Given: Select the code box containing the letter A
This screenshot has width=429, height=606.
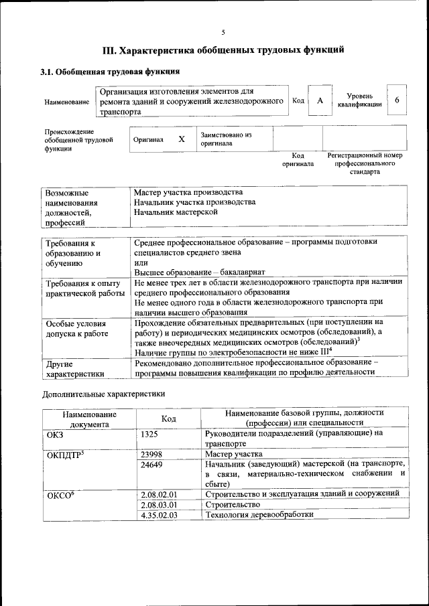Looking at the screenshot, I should pyautogui.click(x=320, y=100).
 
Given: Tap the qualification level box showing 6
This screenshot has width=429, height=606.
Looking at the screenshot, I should pyautogui.click(x=397, y=100).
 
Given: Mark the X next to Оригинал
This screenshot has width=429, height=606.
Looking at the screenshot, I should pyautogui.click(x=181, y=140).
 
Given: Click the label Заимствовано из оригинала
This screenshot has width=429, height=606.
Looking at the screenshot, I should pyautogui.click(x=225, y=139).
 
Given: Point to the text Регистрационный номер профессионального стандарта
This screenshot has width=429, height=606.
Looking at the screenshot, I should pyautogui.click(x=365, y=163).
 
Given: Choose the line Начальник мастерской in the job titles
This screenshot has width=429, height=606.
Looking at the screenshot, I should pyautogui.click(x=176, y=212).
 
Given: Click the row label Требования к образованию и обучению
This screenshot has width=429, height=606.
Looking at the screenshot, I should pyautogui.click(x=74, y=254).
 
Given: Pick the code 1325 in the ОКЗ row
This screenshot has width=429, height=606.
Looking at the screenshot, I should pyautogui.click(x=150, y=434).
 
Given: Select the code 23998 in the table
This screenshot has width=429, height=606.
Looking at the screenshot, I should pyautogui.click(x=152, y=454).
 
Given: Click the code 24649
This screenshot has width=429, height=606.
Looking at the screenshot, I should pyautogui.click(x=152, y=464).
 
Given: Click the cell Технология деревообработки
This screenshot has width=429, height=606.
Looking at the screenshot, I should pyautogui.click(x=259, y=514).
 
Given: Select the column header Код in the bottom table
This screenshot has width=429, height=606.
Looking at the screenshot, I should pyautogui.click(x=169, y=419).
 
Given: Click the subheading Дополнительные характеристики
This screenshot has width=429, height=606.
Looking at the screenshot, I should pyautogui.click(x=103, y=394).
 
